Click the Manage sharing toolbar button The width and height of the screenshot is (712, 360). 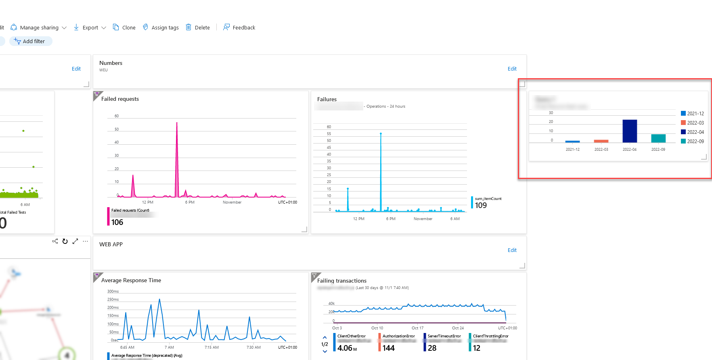point(39,27)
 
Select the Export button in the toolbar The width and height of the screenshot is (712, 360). point(90,27)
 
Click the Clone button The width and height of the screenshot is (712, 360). point(124,27)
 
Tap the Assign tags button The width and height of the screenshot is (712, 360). point(161,27)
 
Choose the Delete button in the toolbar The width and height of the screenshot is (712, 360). point(198,27)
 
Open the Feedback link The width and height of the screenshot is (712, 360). point(239,27)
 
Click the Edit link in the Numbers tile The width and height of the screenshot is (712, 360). point(512,69)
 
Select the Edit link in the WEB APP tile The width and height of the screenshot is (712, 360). point(512,250)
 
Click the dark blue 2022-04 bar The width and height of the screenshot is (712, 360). point(630,131)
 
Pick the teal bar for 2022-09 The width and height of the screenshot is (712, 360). point(658,138)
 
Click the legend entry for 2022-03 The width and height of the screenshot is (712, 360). point(692,123)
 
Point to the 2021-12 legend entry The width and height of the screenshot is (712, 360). point(692,114)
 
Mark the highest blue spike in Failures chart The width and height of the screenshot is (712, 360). point(381,134)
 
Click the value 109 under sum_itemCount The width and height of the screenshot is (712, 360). point(481,205)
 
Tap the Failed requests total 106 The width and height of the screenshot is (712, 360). point(117,222)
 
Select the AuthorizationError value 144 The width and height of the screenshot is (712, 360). point(388,348)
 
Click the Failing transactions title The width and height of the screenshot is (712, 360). point(341,281)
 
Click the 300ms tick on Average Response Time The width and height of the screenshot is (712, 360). point(113,291)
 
